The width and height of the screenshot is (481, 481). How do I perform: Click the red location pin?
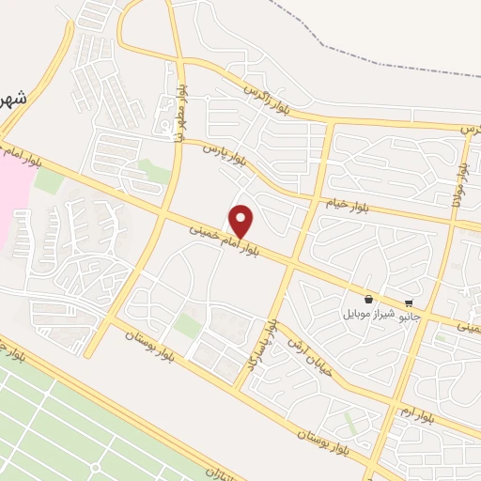241,221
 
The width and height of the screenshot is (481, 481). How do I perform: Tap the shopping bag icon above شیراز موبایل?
367,298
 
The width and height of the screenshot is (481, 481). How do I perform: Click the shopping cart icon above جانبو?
409,303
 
